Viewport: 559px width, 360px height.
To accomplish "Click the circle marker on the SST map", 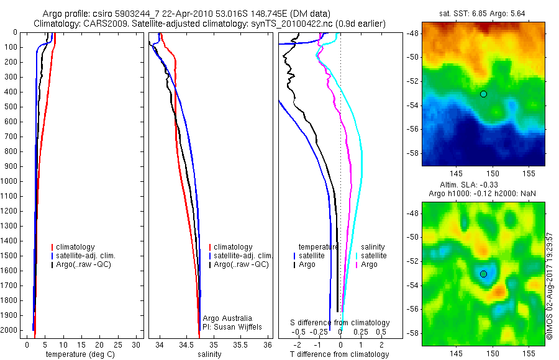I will pyautogui.click(x=483, y=94).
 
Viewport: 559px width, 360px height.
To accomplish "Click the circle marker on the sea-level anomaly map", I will pyautogui.click(x=483, y=274).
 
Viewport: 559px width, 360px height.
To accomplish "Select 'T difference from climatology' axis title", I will pyautogui.click(x=340, y=354).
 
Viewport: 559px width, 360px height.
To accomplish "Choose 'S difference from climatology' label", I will pyautogui.click(x=340, y=323).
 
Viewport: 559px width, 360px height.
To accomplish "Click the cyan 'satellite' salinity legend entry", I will pyautogui.click(x=373, y=256).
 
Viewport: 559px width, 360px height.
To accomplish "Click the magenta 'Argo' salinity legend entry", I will pyautogui.click(x=369, y=264).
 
